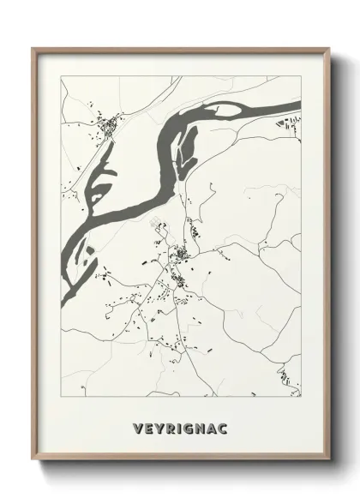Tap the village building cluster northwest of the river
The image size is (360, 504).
click(x=110, y=129)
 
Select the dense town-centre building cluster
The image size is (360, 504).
click(x=182, y=254)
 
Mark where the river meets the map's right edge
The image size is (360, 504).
click(x=300, y=108)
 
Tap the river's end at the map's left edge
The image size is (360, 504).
click(x=63, y=296)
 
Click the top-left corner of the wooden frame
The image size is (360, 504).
click(x=33, y=49)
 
